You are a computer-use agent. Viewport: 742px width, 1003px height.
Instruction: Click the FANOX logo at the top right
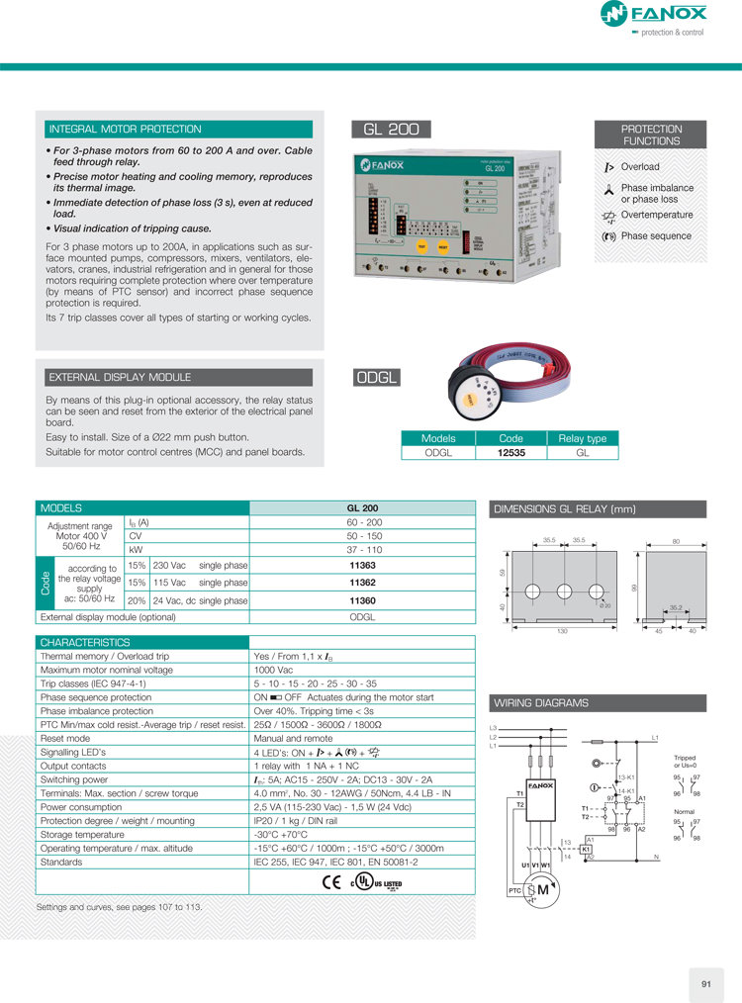click(654, 14)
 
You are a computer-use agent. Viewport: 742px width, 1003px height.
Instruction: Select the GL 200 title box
click(391, 130)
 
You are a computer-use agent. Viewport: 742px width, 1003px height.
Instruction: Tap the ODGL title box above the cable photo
click(377, 377)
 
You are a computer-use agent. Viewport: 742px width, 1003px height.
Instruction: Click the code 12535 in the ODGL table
click(510, 453)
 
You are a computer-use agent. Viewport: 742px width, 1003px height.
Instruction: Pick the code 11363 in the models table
click(362, 565)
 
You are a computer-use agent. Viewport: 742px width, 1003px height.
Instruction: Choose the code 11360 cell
click(362, 599)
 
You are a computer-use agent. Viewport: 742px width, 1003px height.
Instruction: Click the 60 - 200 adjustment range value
click(362, 522)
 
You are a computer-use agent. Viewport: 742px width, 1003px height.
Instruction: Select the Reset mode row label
click(66, 738)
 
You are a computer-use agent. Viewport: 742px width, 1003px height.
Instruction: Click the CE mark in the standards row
click(331, 882)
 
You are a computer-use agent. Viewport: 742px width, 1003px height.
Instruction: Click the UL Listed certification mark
click(379, 882)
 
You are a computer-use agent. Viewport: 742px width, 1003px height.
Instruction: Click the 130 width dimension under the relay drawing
click(563, 629)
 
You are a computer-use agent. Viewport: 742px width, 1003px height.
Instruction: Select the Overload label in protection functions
click(639, 167)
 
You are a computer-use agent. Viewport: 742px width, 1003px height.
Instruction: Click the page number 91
click(705, 983)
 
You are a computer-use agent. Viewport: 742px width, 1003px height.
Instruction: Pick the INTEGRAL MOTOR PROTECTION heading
click(125, 130)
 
